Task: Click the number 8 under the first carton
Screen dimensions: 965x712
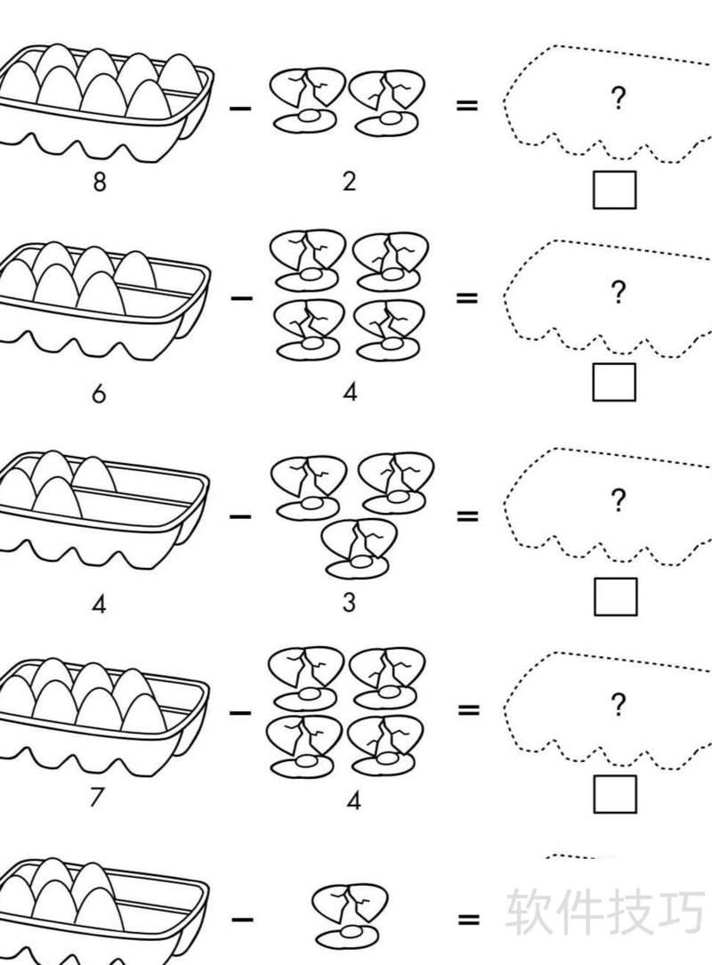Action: (100, 182)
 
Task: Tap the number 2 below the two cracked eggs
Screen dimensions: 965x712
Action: (349, 182)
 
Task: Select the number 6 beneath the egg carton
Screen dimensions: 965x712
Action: (99, 393)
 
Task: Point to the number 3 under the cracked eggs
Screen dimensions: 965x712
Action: (349, 603)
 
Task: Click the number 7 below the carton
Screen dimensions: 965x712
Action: (96, 797)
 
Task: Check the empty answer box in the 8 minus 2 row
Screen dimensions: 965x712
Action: (615, 190)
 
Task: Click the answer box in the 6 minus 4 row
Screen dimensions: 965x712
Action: (615, 382)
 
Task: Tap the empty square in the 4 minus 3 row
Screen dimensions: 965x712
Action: (616, 596)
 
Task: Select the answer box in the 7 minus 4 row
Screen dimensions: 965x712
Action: (615, 794)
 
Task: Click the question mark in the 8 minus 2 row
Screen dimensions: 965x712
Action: (618, 99)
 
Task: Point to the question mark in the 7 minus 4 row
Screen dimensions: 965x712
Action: (618, 706)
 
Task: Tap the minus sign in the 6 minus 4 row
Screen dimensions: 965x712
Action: (241, 297)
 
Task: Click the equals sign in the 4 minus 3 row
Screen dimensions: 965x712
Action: (467, 516)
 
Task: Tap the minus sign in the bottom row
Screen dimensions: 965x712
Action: (242, 920)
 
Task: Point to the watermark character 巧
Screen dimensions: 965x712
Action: (679, 910)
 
